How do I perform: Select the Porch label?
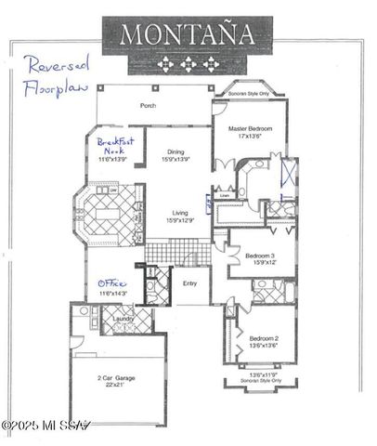coord(148,105)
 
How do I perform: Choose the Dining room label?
coord(175,152)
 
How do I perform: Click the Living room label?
coord(178,213)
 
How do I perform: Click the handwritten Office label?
coord(113,284)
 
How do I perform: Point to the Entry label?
coord(189,283)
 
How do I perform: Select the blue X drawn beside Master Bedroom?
coord(289,174)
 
